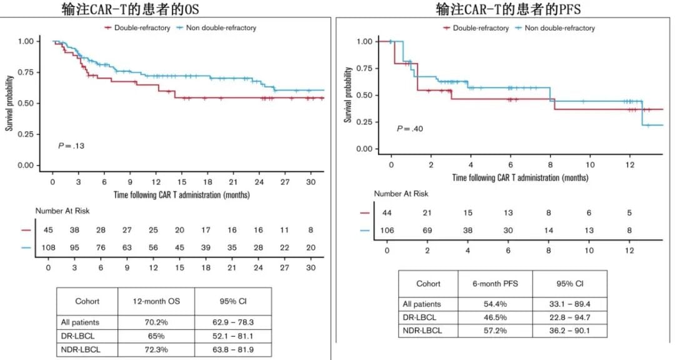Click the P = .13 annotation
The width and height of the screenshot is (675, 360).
(x=71, y=145)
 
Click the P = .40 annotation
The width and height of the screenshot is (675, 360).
(x=409, y=129)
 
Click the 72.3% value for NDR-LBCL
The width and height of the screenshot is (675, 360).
(x=157, y=348)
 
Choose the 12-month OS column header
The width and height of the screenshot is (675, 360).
(x=157, y=301)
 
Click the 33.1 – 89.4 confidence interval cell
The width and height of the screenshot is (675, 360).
(x=569, y=304)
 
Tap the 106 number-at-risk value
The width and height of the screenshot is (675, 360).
(x=388, y=231)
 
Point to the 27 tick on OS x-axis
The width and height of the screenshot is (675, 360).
(x=284, y=182)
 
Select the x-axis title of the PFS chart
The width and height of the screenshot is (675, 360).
(x=521, y=177)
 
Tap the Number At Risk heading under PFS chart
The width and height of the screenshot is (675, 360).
(x=401, y=194)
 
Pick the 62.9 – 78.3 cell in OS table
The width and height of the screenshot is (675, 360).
(x=232, y=322)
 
